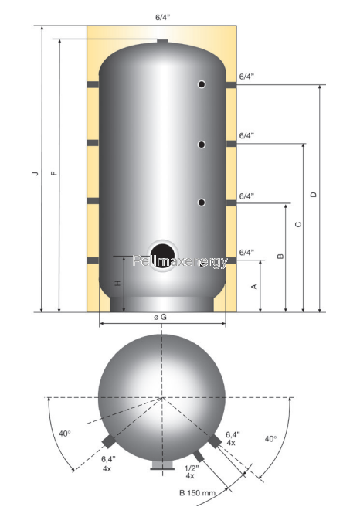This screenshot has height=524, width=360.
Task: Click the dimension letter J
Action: (x=35, y=173)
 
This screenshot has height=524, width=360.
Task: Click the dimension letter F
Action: (x=53, y=173)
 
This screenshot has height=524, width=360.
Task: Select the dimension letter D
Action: (x=313, y=195)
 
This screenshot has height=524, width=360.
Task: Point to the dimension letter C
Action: (x=298, y=224)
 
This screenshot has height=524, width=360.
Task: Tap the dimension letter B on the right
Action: (x=280, y=257)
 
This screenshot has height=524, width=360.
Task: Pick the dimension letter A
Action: (x=254, y=287)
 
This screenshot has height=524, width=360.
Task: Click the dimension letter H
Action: (x=117, y=284)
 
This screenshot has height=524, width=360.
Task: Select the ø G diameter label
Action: (x=161, y=317)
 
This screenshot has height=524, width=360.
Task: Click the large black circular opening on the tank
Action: (x=163, y=256)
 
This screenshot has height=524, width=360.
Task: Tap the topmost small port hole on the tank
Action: (x=202, y=84)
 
